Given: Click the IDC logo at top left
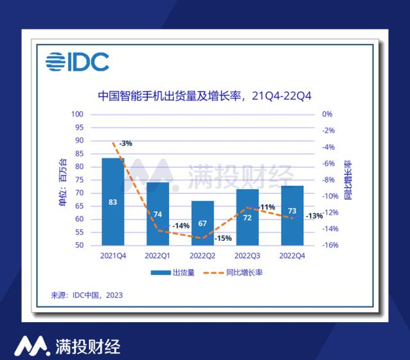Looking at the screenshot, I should [x=77, y=61].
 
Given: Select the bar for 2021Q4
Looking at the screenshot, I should [x=113, y=201].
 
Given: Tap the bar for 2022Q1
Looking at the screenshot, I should [x=158, y=213].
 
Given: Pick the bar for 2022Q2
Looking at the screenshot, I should [x=202, y=223].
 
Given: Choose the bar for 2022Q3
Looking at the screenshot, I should [x=247, y=217].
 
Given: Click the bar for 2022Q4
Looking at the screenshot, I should [x=292, y=215].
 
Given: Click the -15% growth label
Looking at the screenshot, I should [x=223, y=238].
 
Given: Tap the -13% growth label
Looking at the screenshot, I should [x=314, y=216].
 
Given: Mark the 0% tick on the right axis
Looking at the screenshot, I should [x=327, y=114].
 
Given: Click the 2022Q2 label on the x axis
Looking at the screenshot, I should [x=202, y=256].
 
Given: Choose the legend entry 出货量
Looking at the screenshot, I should [x=173, y=272].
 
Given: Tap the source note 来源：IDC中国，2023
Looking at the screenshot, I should [x=86, y=295].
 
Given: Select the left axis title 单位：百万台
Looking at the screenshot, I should [x=62, y=179].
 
